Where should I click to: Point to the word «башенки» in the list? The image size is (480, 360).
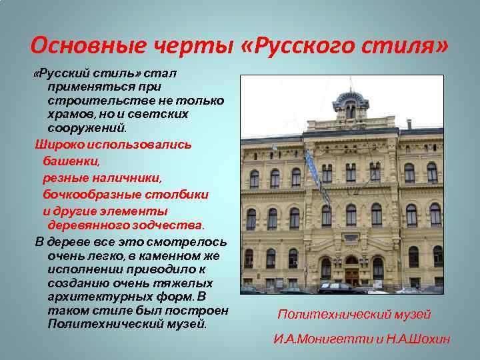click(x=71, y=161)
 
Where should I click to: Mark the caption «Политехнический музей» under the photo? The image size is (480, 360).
click(x=354, y=315)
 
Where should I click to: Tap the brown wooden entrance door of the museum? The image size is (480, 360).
click(x=351, y=273)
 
